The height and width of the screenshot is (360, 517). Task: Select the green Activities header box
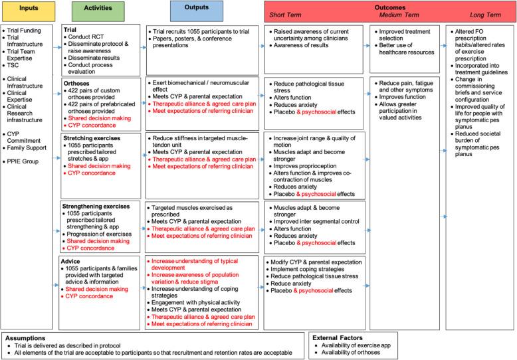pos(97,11)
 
